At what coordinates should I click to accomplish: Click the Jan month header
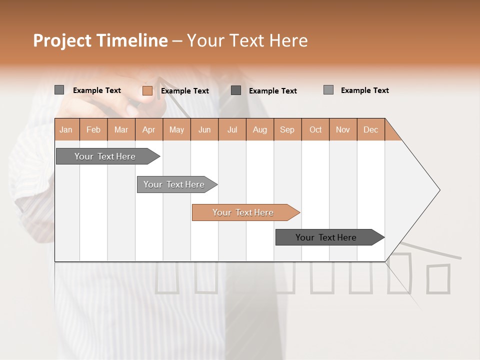click(x=66, y=129)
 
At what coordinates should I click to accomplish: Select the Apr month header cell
click(x=149, y=129)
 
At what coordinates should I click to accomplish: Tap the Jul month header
click(x=232, y=129)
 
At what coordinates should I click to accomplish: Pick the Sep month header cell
click(x=287, y=129)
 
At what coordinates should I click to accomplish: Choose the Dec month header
click(x=370, y=129)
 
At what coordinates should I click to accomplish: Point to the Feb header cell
click(x=93, y=129)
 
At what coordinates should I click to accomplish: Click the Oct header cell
click(x=315, y=129)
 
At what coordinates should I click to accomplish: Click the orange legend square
click(x=147, y=90)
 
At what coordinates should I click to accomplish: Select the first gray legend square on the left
click(x=59, y=90)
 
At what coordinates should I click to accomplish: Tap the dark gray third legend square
click(x=236, y=90)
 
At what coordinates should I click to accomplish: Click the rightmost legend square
click(x=328, y=90)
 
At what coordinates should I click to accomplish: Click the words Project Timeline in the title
click(x=100, y=40)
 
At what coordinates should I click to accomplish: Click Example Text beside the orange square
click(x=184, y=91)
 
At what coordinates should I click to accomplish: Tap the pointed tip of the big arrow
click(x=438, y=189)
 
